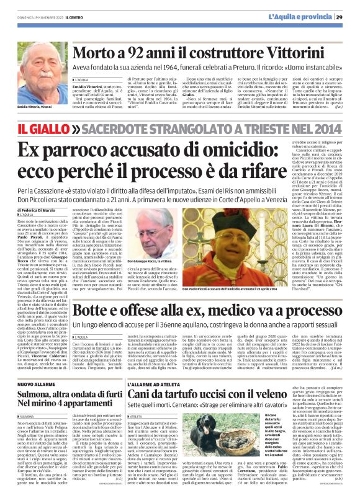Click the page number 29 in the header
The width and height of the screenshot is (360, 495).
coord(349,8)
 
